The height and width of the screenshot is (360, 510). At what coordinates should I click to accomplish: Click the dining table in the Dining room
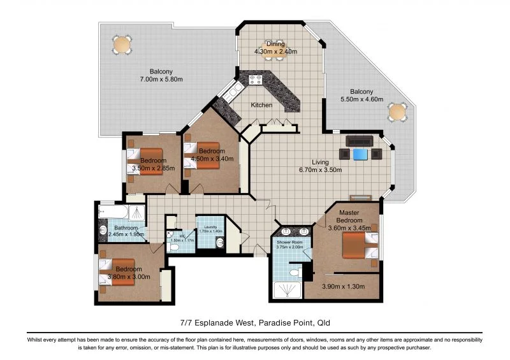[x=275, y=54]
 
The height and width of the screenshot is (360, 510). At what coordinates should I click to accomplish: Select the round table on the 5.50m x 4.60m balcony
[x=398, y=113]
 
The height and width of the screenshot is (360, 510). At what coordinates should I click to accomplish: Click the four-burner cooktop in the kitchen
[x=256, y=80]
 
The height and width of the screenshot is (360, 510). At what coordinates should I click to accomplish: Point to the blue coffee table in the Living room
[x=361, y=154]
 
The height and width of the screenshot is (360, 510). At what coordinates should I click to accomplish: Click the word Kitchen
[x=261, y=105]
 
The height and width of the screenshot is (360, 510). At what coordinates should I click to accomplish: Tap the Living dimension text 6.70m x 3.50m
[x=321, y=170]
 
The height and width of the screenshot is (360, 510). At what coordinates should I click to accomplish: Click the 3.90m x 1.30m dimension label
[x=342, y=287]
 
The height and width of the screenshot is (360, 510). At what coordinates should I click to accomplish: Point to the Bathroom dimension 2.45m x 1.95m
[x=126, y=234]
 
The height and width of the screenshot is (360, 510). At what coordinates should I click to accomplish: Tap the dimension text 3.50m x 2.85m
[x=153, y=168]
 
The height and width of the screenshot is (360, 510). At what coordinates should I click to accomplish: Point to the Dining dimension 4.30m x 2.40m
[x=275, y=52]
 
